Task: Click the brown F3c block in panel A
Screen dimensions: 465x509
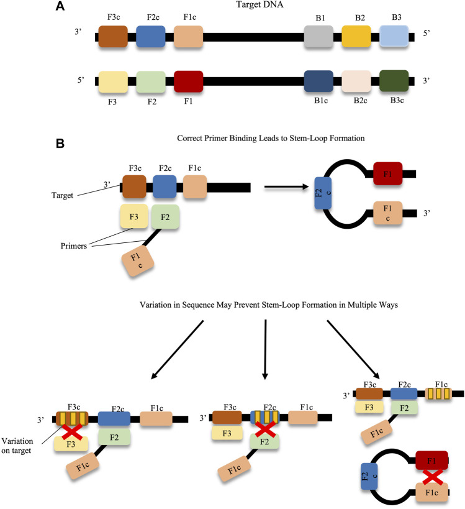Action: pyautogui.click(x=113, y=37)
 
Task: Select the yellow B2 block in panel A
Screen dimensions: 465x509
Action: pyautogui.click(x=356, y=37)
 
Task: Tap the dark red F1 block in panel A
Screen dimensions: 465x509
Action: pyautogui.click(x=188, y=81)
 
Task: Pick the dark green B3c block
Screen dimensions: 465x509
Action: pyautogui.click(x=394, y=81)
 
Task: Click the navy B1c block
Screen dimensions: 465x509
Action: pyautogui.click(x=318, y=81)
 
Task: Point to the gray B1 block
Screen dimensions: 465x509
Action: pyautogui.click(x=318, y=37)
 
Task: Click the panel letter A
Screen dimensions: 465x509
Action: pyautogui.click(x=60, y=6)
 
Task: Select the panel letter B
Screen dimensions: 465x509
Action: pyautogui.click(x=60, y=144)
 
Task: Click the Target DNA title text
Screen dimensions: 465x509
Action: pyautogui.click(x=260, y=4)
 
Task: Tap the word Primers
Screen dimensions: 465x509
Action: pyautogui.click(x=74, y=245)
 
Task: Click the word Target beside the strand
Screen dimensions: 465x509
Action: pyautogui.click(x=62, y=195)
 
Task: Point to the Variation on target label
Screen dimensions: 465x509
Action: pyautogui.click(x=17, y=446)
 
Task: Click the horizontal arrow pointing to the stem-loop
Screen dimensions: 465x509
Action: pyautogui.click(x=286, y=186)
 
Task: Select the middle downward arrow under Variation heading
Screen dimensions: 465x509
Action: pyautogui.click(x=265, y=350)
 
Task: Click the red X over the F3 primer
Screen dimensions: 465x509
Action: pyautogui.click(x=72, y=431)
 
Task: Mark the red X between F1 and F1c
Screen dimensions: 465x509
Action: pyautogui.click(x=433, y=477)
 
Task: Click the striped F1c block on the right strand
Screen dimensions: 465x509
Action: pyautogui.click(x=438, y=394)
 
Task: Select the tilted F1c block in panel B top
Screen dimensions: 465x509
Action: pyautogui.click(x=137, y=261)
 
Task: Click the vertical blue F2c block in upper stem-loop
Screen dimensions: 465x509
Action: pyautogui.click(x=323, y=193)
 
